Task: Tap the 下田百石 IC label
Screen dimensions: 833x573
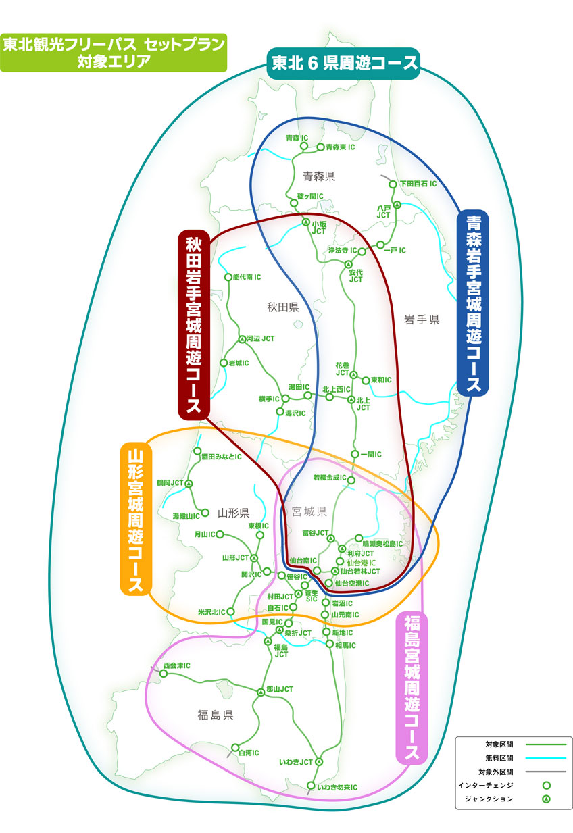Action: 418,183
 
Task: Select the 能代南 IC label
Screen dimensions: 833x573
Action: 247,277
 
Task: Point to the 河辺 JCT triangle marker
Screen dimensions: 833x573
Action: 242,339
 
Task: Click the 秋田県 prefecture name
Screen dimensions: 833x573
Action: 282,307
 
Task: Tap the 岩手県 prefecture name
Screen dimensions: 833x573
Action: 422,318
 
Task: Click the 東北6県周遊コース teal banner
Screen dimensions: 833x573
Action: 345,64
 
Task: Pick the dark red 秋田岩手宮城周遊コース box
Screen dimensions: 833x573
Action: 193,324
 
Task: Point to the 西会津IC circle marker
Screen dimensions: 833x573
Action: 164,674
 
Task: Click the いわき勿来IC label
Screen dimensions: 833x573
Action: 337,788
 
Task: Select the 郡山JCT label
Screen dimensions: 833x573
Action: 280,689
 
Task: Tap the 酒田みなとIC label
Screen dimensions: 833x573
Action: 221,457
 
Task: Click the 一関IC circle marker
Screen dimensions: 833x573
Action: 355,454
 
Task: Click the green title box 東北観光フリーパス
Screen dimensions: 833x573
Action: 112,53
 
